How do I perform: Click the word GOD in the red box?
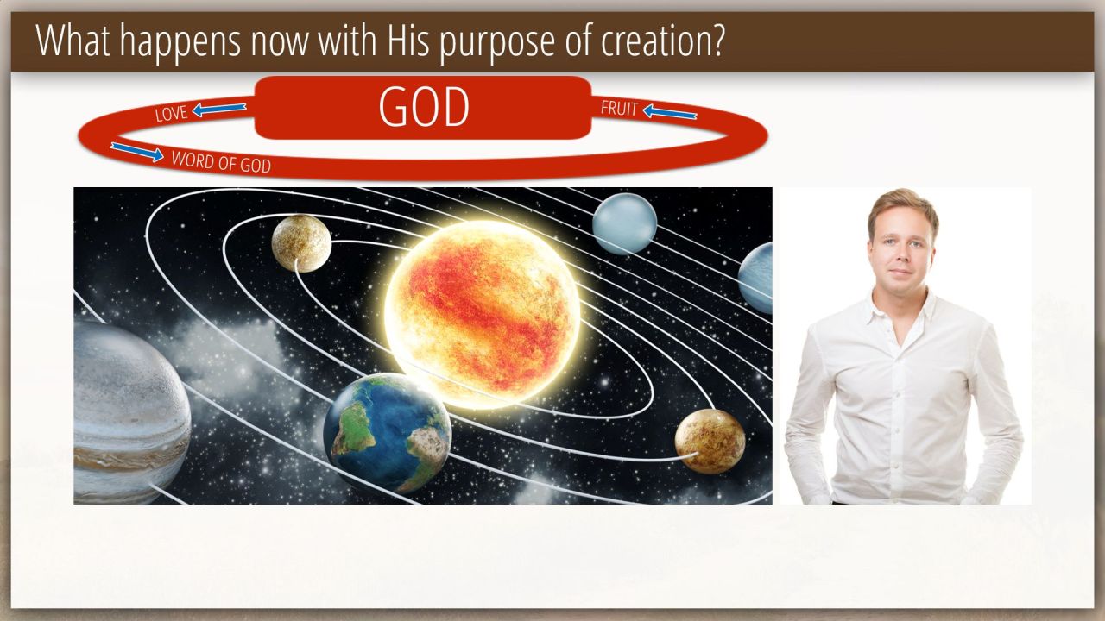[424, 107]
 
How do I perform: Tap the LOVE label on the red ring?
[171, 114]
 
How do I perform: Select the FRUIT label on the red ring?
[619, 109]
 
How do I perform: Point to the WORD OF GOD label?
[221, 162]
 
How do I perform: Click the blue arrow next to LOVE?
[219, 109]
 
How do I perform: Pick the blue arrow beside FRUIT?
[670, 112]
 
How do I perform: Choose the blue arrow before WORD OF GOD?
[137, 152]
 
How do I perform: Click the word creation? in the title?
[662, 41]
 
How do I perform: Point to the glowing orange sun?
[482, 315]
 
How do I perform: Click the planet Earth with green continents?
[388, 434]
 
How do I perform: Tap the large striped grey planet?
[131, 412]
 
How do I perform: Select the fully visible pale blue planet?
[624, 223]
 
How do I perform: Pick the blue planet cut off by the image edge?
[756, 279]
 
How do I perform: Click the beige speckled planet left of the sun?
[301, 243]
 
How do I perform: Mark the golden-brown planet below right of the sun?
[710, 441]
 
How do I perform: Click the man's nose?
[900, 256]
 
